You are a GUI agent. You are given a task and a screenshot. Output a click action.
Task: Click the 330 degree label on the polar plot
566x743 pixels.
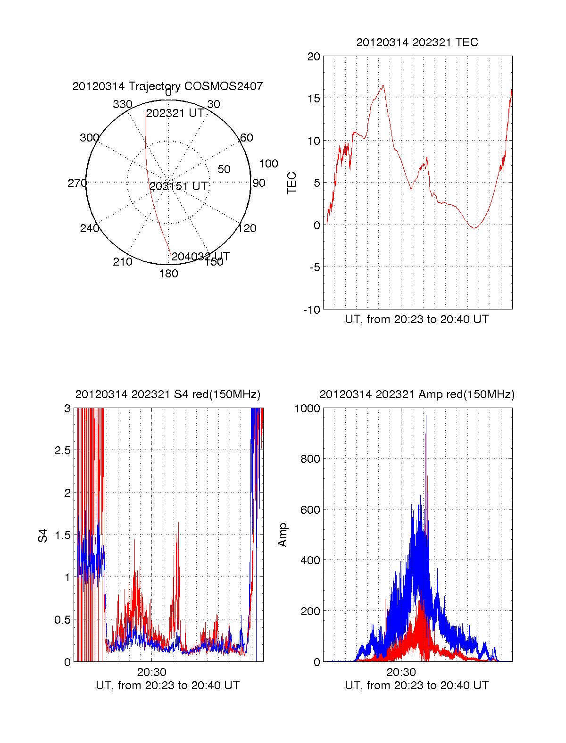[122, 104]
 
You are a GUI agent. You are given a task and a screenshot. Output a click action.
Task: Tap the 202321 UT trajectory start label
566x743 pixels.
[175, 113]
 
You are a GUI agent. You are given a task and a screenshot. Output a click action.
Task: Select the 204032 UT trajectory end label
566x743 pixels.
[200, 257]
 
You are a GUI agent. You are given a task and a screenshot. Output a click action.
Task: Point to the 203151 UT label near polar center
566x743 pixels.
[178, 186]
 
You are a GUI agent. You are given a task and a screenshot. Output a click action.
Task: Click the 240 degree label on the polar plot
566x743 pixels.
[89, 228]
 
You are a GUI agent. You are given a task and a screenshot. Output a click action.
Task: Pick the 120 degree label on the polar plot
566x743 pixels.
[247, 228]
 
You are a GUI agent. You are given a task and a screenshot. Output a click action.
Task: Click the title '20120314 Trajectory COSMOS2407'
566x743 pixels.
[167, 86]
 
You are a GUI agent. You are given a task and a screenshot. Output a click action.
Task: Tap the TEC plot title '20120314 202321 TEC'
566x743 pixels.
[417, 42]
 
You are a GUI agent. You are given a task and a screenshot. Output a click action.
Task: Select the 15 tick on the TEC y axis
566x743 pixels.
[314, 99]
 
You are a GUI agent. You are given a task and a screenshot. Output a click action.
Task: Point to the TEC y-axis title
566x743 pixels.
[292, 183]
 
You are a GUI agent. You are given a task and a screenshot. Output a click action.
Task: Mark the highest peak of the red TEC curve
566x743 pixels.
[383, 85]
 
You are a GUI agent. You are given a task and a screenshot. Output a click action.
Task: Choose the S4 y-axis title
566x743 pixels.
[43, 535]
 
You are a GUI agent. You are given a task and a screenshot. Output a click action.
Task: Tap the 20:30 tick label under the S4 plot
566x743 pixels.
[151, 672]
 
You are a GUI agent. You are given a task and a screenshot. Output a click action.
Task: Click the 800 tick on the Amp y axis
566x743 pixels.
[310, 459]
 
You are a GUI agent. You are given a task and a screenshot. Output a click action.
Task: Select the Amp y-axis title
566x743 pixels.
[283, 535]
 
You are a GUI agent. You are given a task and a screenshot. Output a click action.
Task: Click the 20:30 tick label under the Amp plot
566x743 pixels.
[401, 672]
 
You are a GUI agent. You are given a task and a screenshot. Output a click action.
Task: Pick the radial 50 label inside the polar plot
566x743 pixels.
[224, 169]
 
